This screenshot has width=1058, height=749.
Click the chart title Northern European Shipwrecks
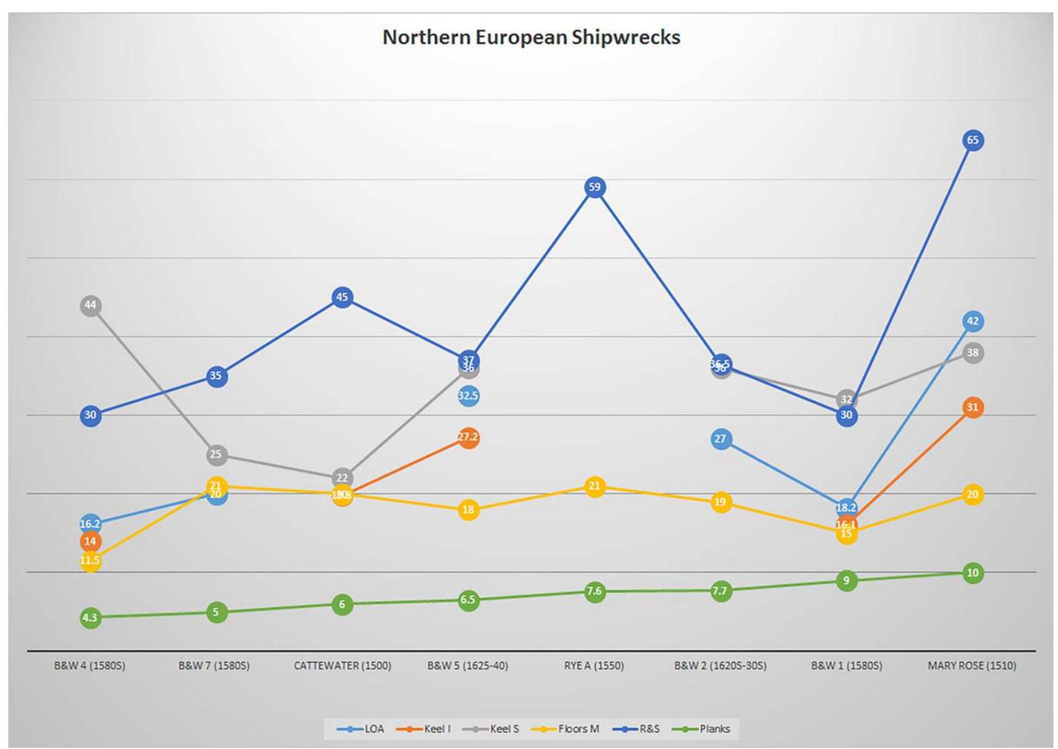[531, 37]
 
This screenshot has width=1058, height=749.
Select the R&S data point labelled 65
[972, 141]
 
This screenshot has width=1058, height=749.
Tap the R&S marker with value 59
[594, 187]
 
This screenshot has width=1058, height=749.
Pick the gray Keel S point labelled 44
[91, 305]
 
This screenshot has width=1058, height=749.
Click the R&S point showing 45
[342, 297]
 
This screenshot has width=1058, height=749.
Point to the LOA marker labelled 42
[972, 321]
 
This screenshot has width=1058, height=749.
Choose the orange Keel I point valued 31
[972, 408]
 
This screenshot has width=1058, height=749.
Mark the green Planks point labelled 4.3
[91, 617]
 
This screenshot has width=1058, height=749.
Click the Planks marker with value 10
[972, 573]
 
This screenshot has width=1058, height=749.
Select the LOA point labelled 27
[720, 439]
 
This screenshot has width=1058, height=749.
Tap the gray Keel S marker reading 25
[216, 455]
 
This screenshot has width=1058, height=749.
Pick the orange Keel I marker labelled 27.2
[468, 437]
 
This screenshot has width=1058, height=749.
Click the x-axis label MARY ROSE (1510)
[972, 666]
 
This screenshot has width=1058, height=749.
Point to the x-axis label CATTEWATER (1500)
[342, 666]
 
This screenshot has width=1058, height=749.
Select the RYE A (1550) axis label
[593, 666]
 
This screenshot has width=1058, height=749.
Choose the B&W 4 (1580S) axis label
[90, 666]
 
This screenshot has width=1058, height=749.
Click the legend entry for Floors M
[578, 729]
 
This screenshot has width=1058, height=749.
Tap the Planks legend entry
[714, 729]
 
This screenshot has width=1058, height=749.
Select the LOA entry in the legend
[374, 729]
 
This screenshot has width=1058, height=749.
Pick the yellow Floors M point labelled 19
[720, 502]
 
